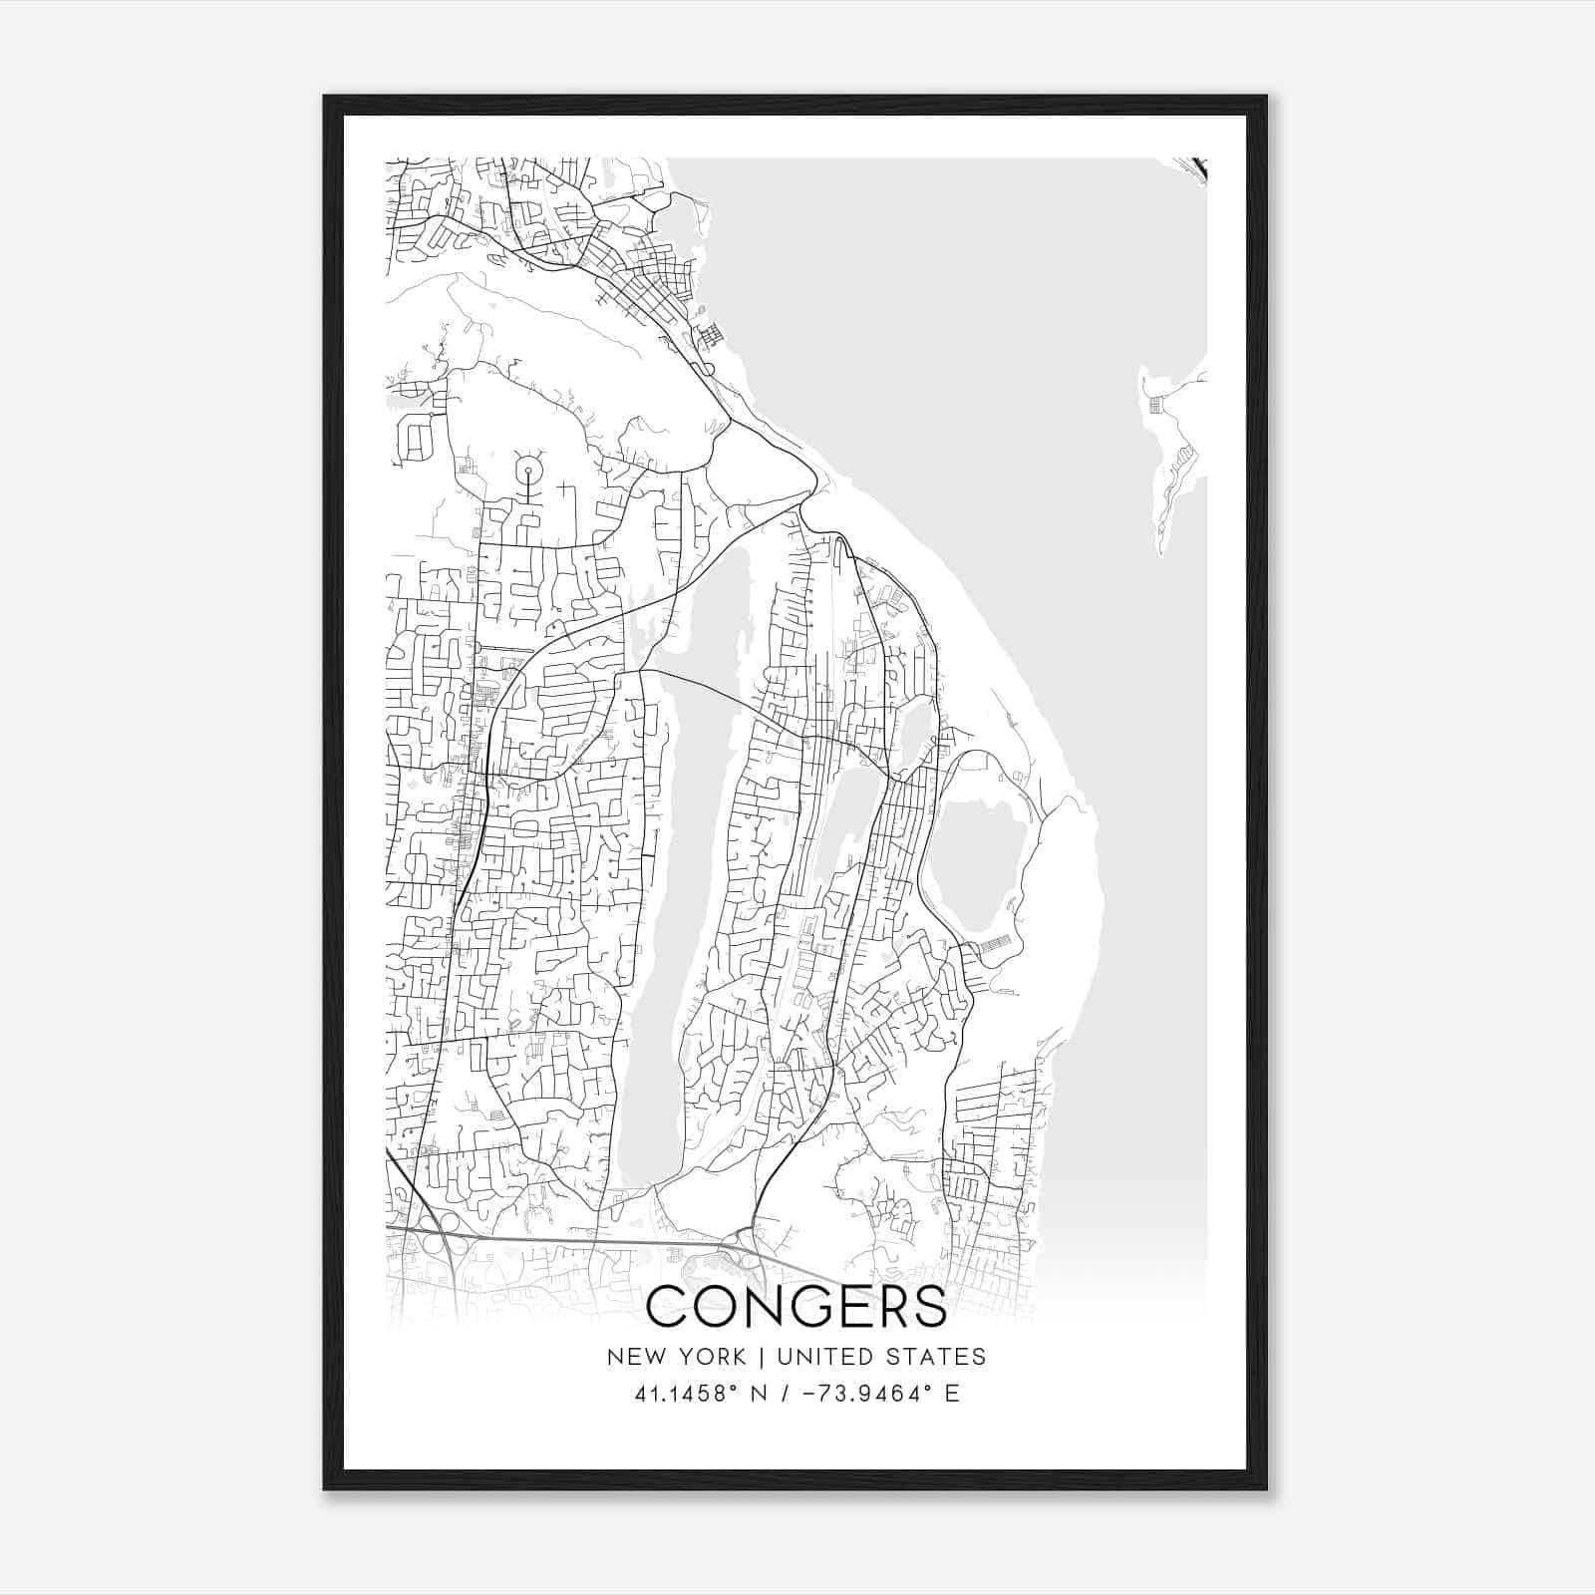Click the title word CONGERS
tap(797, 1307)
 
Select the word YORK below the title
tap(712, 1357)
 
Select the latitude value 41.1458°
tap(682, 1394)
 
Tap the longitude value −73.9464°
tap(860, 1394)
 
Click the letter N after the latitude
tap(759, 1394)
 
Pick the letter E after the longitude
tap(952, 1394)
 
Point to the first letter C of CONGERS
tap(670, 1307)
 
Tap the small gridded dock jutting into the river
tap(710, 336)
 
